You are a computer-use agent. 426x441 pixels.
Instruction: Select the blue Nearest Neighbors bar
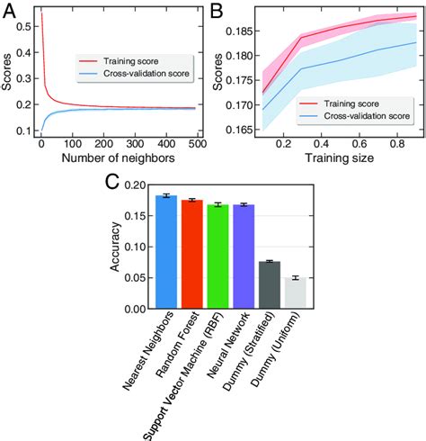[x=166, y=252]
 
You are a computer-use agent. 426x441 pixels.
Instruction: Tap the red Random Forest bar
[x=192, y=255]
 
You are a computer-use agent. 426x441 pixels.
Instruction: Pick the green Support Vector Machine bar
[x=218, y=256]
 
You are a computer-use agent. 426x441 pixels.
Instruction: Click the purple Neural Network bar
[x=244, y=256]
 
